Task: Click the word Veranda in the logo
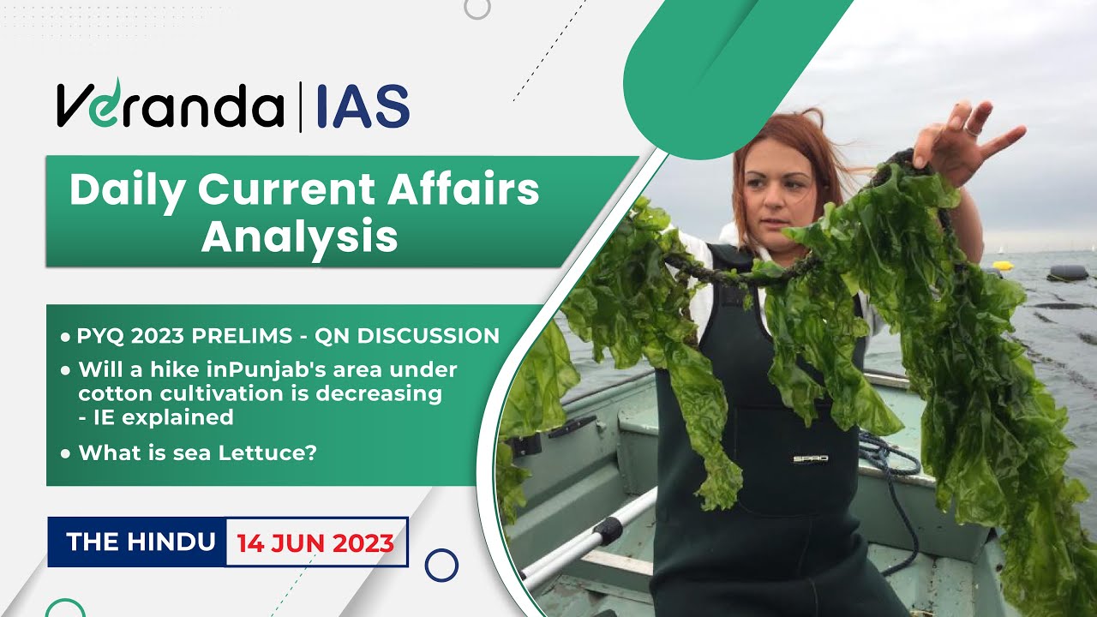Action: [170, 107]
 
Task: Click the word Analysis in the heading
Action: [299, 236]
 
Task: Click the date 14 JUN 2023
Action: [315, 542]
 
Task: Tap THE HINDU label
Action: [141, 542]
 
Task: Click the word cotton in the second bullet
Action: [111, 393]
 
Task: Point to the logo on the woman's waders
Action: [809, 458]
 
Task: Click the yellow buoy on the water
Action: [1002, 266]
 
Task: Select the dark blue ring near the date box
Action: [441, 565]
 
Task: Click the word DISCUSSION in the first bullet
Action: [428, 337]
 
